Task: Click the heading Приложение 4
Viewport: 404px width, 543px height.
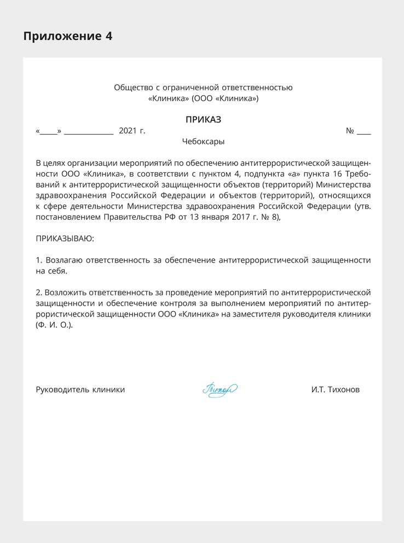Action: [x=67, y=37]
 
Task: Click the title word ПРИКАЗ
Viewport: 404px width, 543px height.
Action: [x=203, y=120]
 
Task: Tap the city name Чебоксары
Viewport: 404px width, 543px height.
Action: [x=203, y=141]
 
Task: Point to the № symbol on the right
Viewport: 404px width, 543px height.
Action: [x=350, y=131]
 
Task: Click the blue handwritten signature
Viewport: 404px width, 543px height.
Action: [x=219, y=390]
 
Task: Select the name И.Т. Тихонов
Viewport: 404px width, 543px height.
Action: [x=336, y=390]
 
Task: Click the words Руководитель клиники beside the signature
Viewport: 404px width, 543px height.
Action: [x=80, y=390]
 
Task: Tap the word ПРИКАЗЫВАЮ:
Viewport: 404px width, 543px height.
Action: [x=65, y=238]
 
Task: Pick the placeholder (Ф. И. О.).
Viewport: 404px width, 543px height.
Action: [x=54, y=325]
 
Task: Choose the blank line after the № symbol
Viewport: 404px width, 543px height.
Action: [x=363, y=132]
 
